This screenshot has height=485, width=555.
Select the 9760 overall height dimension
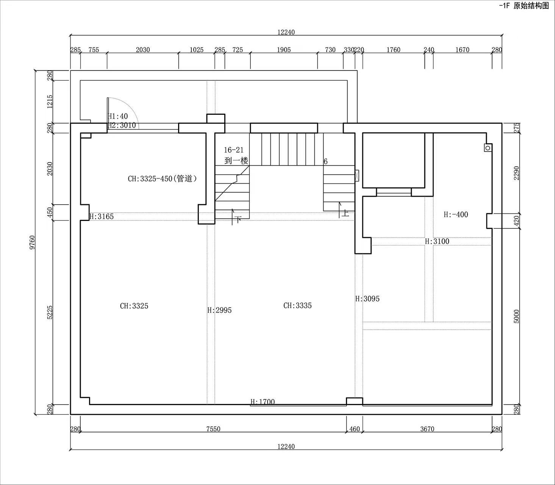[x=32, y=242]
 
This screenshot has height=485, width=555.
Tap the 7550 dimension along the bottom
[x=213, y=429]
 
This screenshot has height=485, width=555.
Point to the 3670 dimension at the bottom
[x=427, y=429]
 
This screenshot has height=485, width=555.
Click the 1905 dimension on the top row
[x=284, y=50]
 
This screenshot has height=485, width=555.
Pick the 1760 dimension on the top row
[x=393, y=50]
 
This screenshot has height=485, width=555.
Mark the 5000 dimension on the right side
[x=516, y=316]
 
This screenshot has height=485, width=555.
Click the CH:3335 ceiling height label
[x=297, y=305]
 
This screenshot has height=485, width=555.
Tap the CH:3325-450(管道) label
[x=162, y=178]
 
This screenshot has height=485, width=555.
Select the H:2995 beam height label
[x=219, y=310]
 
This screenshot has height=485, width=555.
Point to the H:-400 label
[x=456, y=214]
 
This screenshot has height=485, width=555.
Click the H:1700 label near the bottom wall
[x=263, y=402]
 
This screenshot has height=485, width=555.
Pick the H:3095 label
[x=367, y=299]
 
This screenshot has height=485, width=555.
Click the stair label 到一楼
[x=236, y=161]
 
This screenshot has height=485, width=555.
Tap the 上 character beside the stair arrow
[x=345, y=213]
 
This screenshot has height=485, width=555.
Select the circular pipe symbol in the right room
[x=488, y=148]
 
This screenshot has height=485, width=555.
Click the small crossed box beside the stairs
[x=357, y=175]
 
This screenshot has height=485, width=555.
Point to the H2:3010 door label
[x=122, y=125]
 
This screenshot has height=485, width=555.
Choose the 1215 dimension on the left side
[x=50, y=102]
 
